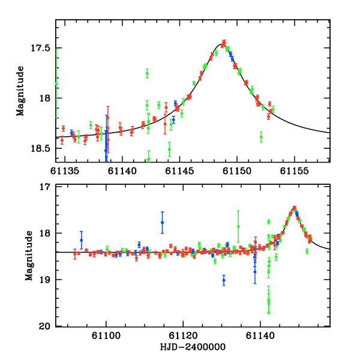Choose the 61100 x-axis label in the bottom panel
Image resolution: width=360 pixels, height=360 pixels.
click(106, 335)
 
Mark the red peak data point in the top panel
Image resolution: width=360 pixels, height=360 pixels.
click(223, 43)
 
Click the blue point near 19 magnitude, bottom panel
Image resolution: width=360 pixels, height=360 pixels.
click(224, 280)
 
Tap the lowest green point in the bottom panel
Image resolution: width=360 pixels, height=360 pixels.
click(269, 311)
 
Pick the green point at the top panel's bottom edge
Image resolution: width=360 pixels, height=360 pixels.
click(148, 159)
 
